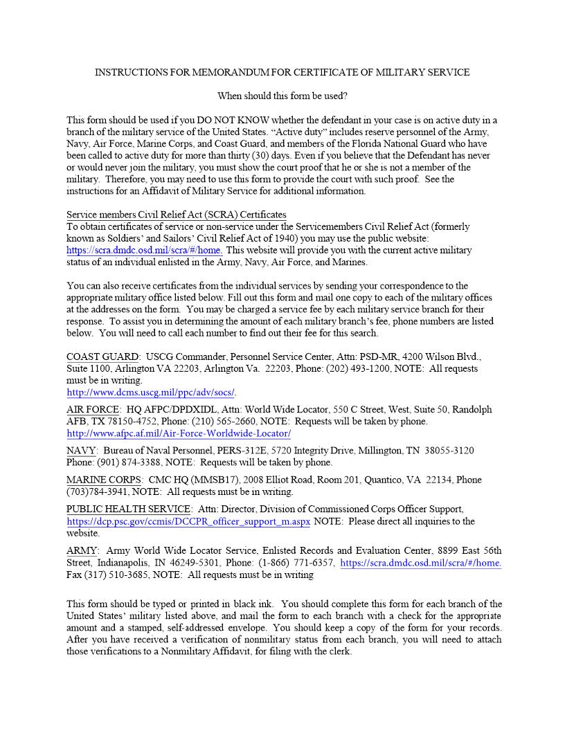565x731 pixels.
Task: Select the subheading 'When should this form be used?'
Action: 282,96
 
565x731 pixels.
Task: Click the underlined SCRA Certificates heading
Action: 177,215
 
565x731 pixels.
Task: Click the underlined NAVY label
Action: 82,451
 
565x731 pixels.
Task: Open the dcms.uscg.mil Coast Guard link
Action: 150,392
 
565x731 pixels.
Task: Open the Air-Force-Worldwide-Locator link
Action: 179,434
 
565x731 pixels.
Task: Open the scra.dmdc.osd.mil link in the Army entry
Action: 420,563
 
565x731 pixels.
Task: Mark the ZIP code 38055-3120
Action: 449,451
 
